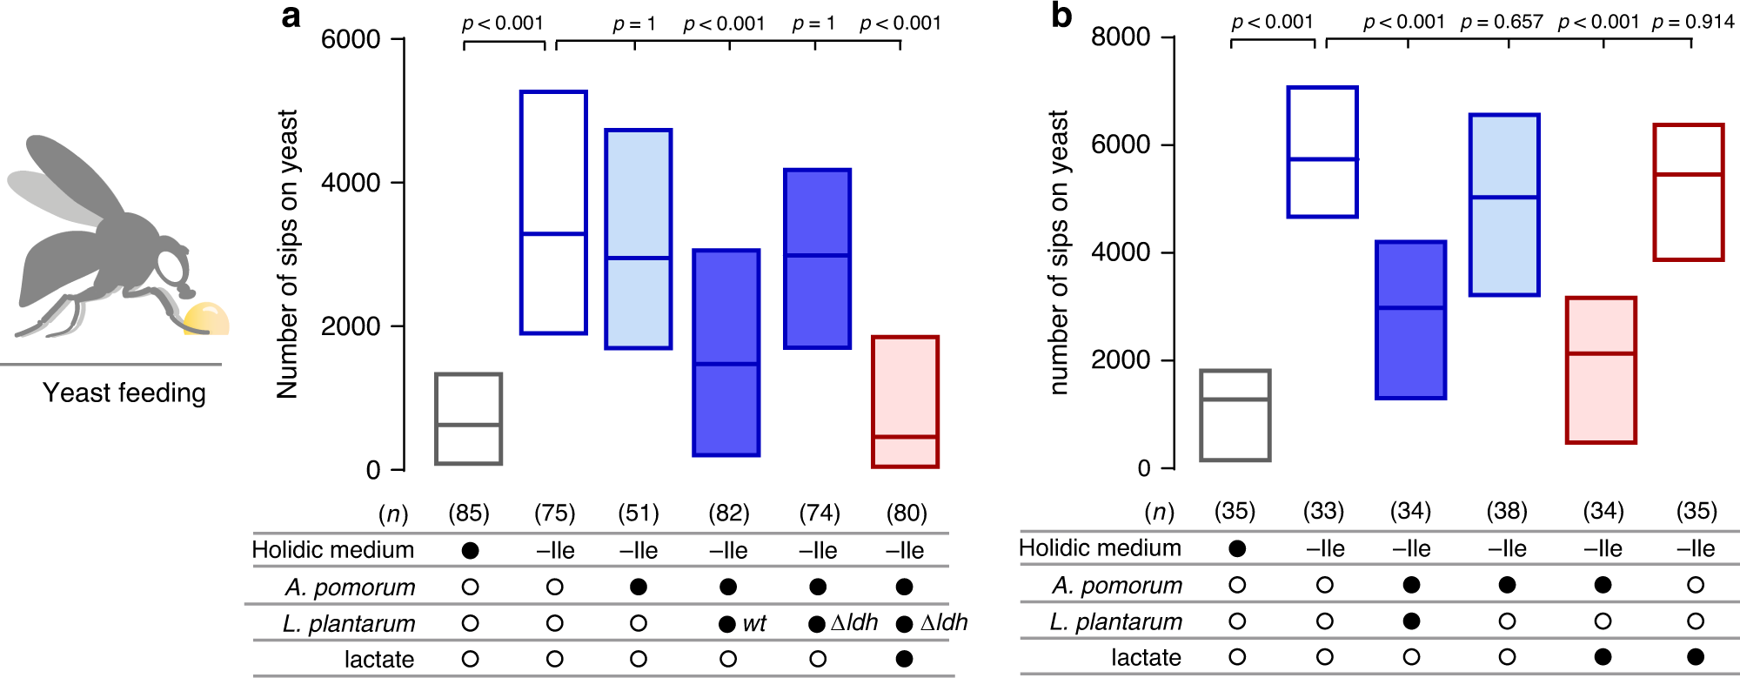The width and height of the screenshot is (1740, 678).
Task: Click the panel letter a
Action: [291, 17]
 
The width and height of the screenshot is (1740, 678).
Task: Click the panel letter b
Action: [1061, 15]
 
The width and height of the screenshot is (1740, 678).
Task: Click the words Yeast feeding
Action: [124, 393]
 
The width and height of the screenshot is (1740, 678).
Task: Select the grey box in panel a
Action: [469, 419]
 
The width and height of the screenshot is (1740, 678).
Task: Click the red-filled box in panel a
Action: [905, 402]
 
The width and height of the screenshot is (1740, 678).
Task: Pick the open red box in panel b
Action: [1688, 192]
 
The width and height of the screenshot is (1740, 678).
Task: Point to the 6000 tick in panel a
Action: [351, 39]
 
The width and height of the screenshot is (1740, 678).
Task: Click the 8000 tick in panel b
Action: [1121, 37]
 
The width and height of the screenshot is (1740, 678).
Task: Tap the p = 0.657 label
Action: [1502, 22]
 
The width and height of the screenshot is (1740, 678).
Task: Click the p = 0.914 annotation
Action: [1693, 22]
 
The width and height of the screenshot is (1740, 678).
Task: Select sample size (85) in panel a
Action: [469, 513]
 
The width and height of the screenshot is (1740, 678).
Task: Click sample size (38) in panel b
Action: [1507, 511]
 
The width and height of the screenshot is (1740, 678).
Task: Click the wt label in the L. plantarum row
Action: [754, 623]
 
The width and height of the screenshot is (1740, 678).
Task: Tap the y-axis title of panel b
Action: [1058, 252]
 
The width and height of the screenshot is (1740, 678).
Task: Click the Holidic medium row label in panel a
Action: [332, 550]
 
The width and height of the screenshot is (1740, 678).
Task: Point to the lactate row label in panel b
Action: [1146, 657]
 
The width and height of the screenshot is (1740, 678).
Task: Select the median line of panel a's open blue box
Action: [553, 233]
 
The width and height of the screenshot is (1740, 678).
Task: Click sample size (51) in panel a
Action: [639, 513]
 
